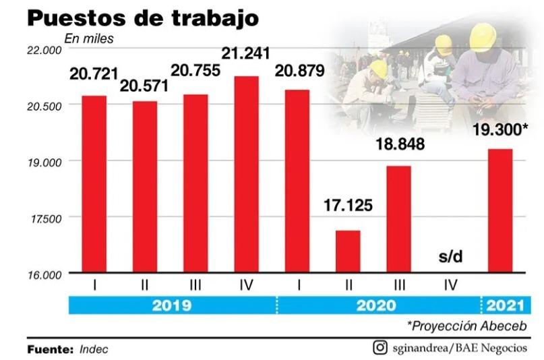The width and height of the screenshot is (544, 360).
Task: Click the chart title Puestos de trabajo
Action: [142, 18]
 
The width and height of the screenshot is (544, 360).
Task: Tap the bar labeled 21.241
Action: [245, 175]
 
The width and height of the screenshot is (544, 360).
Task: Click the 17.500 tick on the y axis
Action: [46, 218]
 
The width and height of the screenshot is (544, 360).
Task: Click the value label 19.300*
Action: [500, 131]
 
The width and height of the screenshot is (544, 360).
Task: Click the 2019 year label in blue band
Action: [172, 305]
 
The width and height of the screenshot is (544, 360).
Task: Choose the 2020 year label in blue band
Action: [376, 305]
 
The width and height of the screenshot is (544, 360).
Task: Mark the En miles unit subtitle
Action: [89, 38]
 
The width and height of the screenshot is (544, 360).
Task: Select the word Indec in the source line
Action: [94, 350]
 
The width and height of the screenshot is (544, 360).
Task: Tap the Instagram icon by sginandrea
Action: [381, 348]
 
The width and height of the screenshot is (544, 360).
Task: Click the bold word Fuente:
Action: [50, 350]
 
